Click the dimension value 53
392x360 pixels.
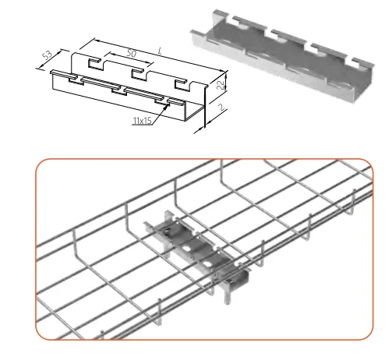(48, 55)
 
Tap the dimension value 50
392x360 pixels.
(132, 53)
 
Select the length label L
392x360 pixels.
(160, 51)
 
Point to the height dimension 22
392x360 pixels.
(221, 85)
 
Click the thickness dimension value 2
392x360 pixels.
(221, 107)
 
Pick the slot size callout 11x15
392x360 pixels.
(143, 121)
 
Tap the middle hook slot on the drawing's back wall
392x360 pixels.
(137, 74)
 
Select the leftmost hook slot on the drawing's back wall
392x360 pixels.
(94, 64)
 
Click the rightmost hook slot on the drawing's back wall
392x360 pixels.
(181, 85)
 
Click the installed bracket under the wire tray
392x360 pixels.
(197, 249)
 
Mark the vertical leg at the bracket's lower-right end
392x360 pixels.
(228, 293)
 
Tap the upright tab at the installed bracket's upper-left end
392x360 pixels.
(168, 217)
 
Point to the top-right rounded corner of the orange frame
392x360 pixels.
(369, 164)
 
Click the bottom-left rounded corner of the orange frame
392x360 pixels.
(41, 334)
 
